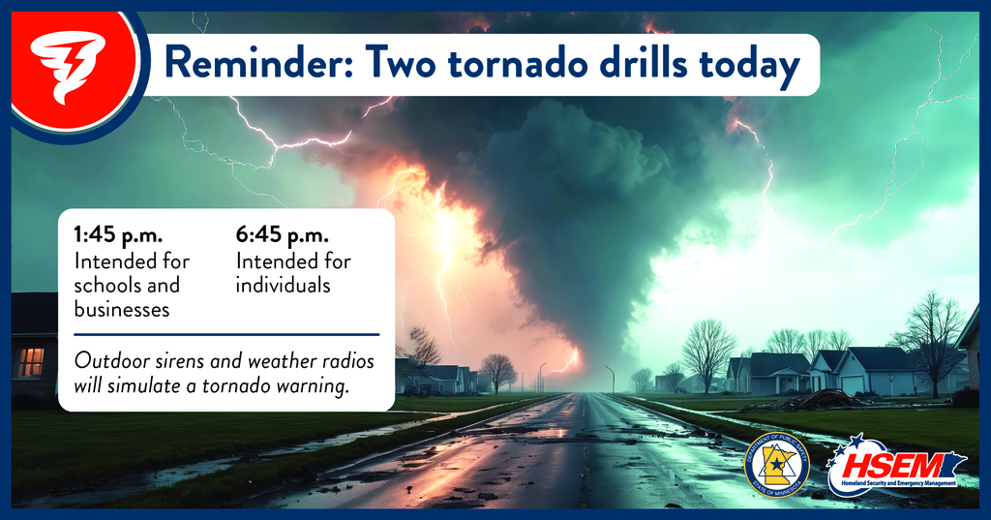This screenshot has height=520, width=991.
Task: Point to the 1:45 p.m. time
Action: pyautogui.click(x=115, y=235)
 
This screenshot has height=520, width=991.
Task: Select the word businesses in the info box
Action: pyautogui.click(x=122, y=309)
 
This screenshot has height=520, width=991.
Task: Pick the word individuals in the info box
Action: pyautogui.click(x=283, y=286)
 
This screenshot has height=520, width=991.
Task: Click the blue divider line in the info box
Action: pyautogui.click(x=225, y=334)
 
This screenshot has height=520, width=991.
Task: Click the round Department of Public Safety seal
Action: pyautogui.click(x=776, y=464)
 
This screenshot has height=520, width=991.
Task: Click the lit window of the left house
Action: pyautogui.click(x=31, y=361)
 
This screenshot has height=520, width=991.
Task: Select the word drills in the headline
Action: pyautogui.click(x=636, y=65)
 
